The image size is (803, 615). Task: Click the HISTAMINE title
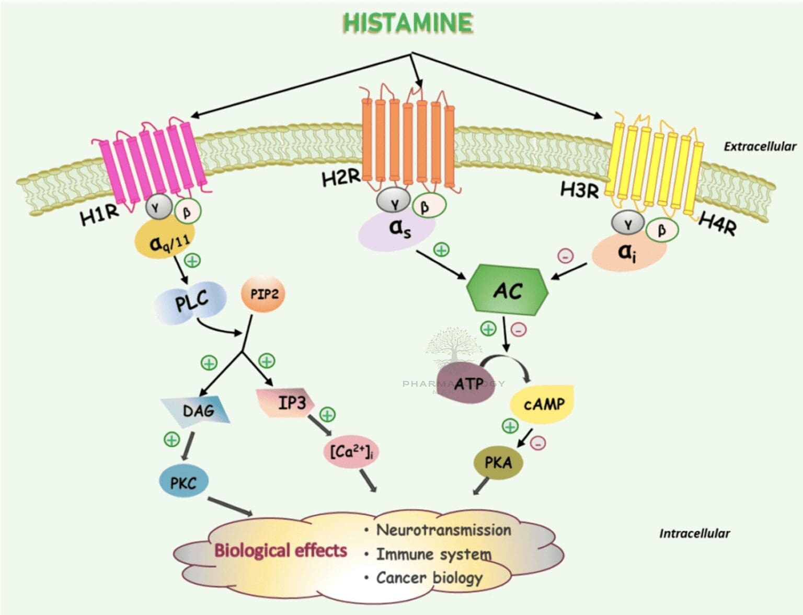click(408, 23)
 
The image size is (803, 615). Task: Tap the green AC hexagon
click(507, 291)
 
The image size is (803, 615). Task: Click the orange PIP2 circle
click(263, 294)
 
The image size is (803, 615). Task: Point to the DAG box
click(197, 411)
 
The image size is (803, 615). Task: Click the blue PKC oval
click(183, 482)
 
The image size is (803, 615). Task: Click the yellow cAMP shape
click(544, 404)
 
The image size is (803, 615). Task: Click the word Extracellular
click(760, 146)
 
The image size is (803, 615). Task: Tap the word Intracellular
click(694, 533)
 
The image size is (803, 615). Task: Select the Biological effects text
click(281, 550)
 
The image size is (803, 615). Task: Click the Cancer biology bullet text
click(429, 578)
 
